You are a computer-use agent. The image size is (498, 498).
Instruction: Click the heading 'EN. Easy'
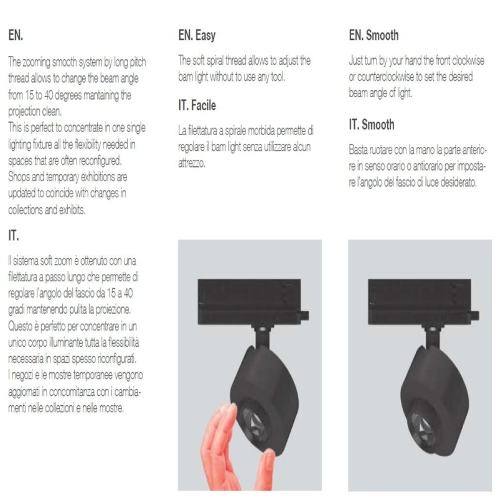[x=197, y=35]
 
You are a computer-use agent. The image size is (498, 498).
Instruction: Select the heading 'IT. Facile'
[x=197, y=105]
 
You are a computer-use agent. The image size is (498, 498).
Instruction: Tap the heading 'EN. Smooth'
[x=374, y=35]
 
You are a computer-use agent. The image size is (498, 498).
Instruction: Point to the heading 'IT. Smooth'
[x=371, y=124]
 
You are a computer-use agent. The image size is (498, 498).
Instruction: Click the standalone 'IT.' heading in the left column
[x=13, y=235]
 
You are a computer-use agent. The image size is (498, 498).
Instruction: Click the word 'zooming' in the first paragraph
[x=36, y=62]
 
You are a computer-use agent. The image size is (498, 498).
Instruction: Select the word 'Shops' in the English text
[x=19, y=177]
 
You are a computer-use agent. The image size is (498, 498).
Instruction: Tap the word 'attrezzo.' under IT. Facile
[x=192, y=163]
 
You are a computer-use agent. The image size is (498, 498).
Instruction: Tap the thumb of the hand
[x=266, y=469]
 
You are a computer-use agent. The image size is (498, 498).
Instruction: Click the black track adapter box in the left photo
[x=250, y=302]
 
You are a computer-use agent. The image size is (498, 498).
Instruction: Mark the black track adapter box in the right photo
[x=420, y=302]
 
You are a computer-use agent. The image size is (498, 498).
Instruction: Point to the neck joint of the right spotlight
[x=433, y=336]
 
